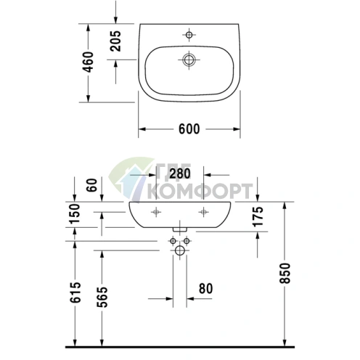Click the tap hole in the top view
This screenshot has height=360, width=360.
click(x=188, y=35)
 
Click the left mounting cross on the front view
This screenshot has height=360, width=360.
click(x=155, y=212)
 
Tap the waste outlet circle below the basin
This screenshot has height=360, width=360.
click(x=180, y=251)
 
